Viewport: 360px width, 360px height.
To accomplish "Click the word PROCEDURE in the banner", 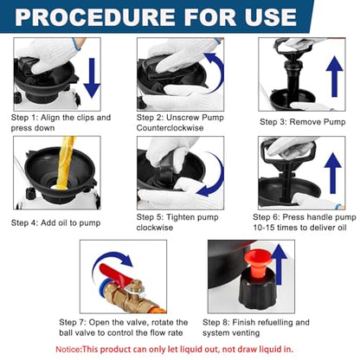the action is (95, 17).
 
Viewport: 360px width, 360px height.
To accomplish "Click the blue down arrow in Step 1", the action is (92, 78).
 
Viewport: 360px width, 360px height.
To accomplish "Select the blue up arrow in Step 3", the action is (334, 76).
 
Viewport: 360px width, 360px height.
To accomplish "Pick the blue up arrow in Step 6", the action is (333, 173).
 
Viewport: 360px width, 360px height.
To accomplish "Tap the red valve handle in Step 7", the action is (115, 276).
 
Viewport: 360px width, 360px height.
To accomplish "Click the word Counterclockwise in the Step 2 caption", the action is (170, 128).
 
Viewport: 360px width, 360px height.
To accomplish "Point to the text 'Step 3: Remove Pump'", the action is (303, 122).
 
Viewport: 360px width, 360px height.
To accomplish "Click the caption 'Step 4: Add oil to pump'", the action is (55, 222).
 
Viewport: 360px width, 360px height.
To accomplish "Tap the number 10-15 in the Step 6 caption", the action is (264, 228).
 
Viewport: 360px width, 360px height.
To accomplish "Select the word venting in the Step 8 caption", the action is (245, 333).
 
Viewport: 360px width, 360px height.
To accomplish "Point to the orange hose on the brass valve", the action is (158, 309).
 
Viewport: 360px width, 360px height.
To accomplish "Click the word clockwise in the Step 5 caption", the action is (155, 228).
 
